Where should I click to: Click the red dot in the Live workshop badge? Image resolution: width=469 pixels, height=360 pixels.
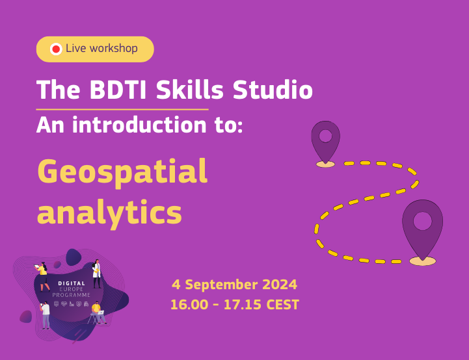pyautogui.click(x=56, y=49)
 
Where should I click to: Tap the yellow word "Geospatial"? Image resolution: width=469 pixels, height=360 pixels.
pyautogui.click(x=122, y=172)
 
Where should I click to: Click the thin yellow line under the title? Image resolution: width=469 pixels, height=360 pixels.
pyautogui.click(x=122, y=109)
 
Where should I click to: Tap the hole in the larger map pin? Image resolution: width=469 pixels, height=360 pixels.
pyautogui.click(x=422, y=221)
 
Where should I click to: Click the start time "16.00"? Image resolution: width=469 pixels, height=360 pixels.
pyautogui.click(x=188, y=304)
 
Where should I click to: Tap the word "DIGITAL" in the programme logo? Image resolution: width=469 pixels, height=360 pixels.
pyautogui.click(x=72, y=284)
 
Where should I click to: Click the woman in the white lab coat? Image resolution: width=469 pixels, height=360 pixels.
pyautogui.click(x=97, y=273)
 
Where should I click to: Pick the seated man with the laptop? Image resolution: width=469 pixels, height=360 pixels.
pyautogui.click(x=97, y=315)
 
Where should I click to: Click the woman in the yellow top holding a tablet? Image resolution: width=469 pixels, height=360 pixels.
pyautogui.click(x=44, y=276)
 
